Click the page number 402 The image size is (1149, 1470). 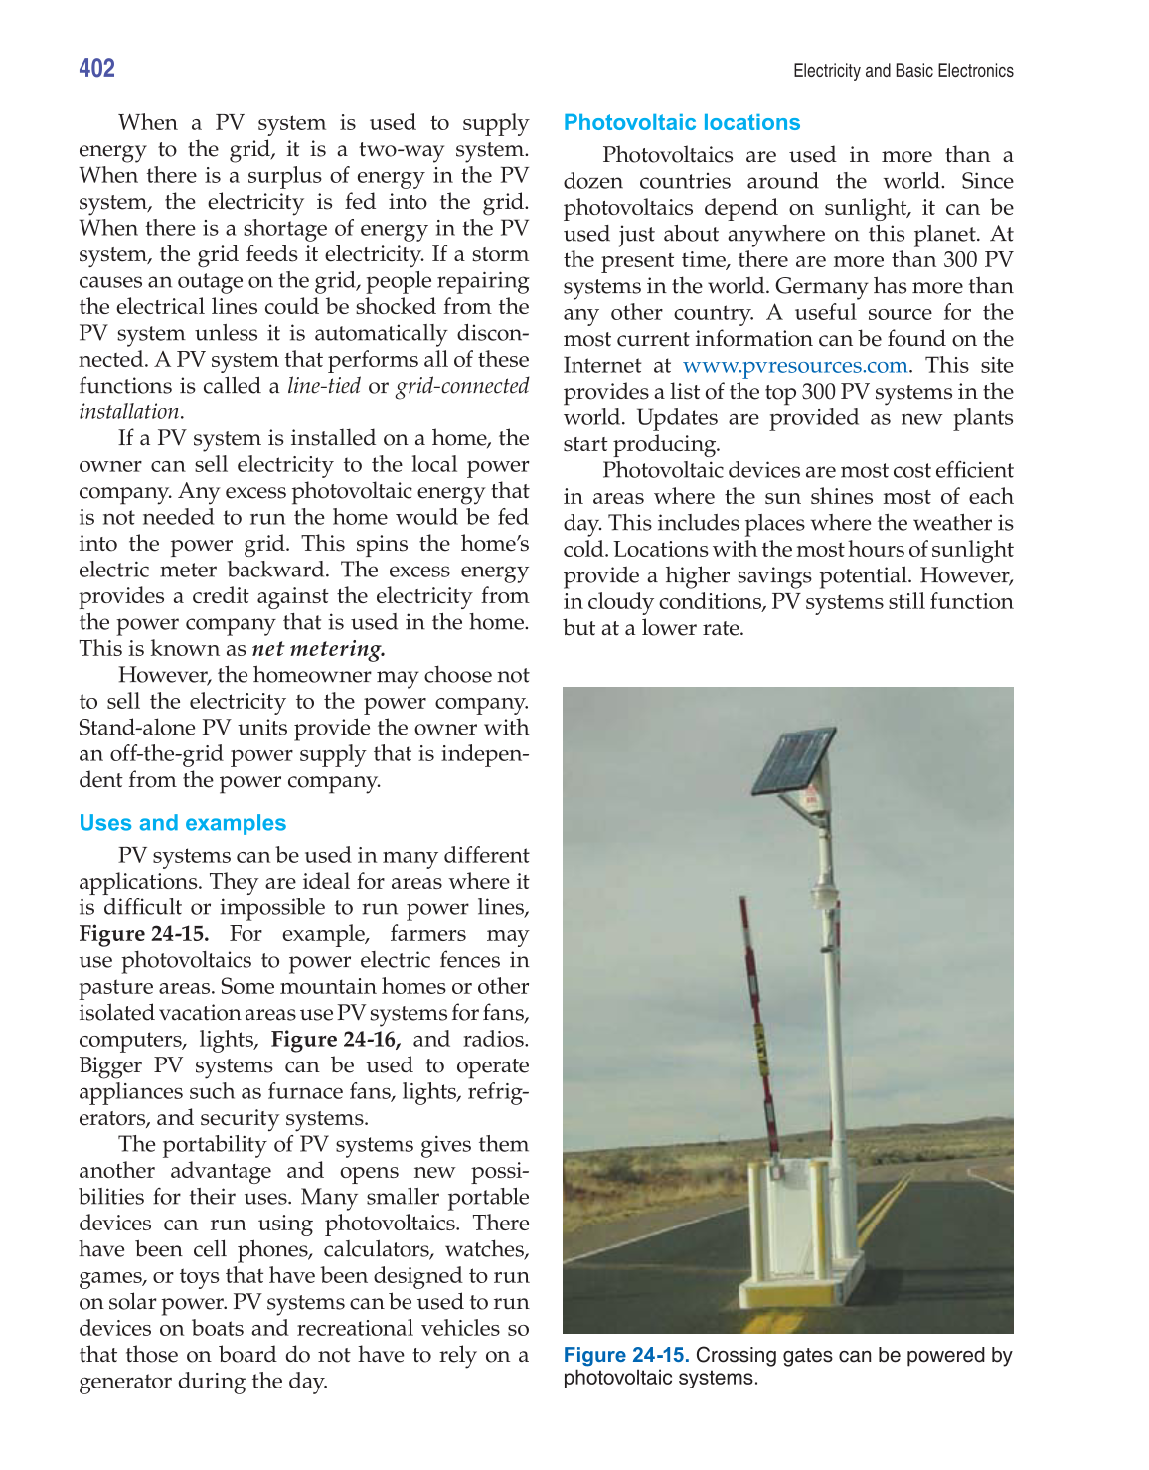[96, 68]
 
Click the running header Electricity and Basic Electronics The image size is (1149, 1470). [903, 71]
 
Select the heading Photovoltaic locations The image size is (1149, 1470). [681, 122]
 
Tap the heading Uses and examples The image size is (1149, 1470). [182, 823]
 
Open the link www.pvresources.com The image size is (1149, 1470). [794, 365]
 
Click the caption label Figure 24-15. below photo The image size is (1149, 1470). [625, 1355]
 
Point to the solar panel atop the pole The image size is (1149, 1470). [793, 761]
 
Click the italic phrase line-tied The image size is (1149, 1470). [323, 386]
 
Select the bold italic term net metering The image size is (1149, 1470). [318, 649]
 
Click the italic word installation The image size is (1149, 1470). [129, 412]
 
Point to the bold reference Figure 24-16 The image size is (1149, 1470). [335, 1040]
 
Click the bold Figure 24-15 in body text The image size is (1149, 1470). [144, 934]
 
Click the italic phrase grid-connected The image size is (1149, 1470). [462, 386]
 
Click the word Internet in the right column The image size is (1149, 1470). [602, 365]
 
